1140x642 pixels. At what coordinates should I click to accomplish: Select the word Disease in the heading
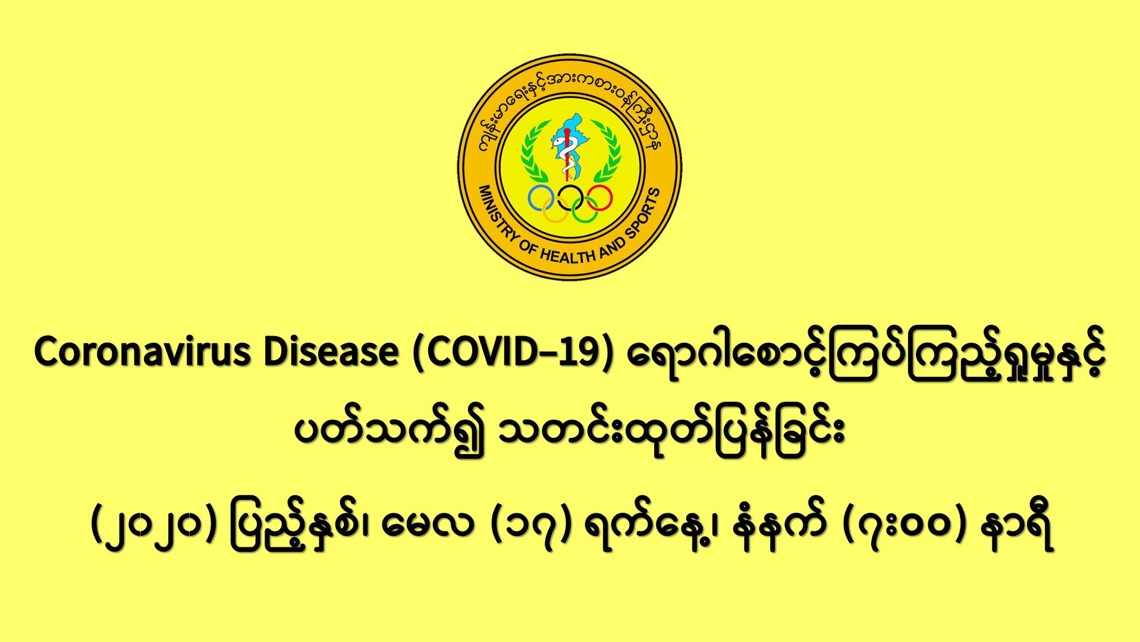click(331, 352)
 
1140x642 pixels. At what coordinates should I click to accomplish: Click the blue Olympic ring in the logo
click(542, 198)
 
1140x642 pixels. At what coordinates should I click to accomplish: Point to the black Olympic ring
click(570, 198)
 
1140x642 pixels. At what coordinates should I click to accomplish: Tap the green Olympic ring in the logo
click(585, 209)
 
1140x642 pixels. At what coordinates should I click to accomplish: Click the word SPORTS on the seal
click(644, 212)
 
